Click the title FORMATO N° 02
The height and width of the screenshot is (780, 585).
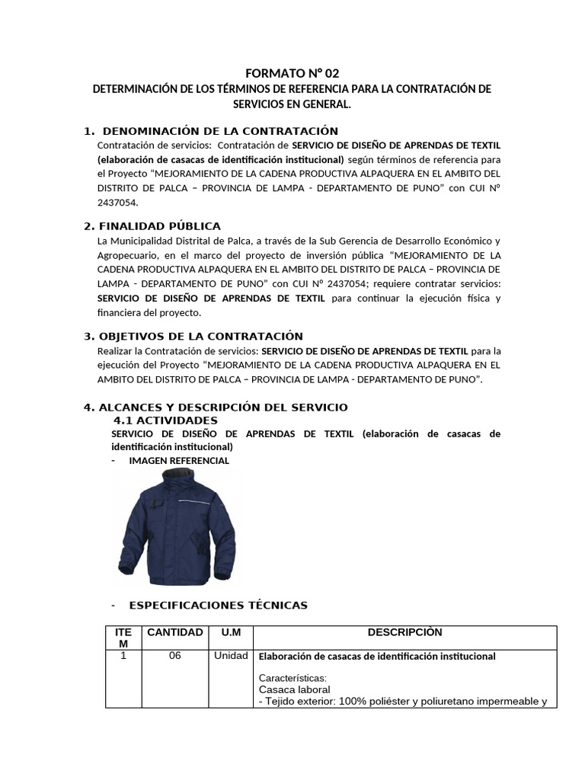tap(292, 73)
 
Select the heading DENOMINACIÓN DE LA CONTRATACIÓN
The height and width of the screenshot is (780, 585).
tap(220, 131)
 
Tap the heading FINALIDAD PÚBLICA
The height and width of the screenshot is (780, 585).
tap(161, 225)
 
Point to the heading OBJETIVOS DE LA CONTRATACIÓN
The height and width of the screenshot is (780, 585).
tap(202, 336)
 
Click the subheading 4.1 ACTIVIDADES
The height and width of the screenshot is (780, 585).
tap(165, 420)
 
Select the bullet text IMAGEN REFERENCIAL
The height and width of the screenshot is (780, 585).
tap(179, 461)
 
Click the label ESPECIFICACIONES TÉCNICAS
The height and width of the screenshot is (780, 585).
tap(218, 605)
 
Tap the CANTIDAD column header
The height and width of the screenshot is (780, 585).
tap(175, 632)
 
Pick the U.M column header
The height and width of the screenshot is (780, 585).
tap(231, 632)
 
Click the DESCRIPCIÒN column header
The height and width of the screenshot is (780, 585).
tap(404, 632)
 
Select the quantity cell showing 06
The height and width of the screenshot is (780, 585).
tap(175, 656)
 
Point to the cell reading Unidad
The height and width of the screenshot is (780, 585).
tap(231, 656)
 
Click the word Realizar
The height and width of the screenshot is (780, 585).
tap(115, 351)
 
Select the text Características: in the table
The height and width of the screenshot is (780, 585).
tap(292, 678)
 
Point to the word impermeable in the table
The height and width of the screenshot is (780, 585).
tap(506, 702)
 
